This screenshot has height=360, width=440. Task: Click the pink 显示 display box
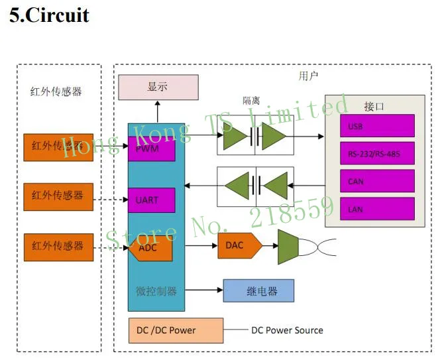click(158, 87)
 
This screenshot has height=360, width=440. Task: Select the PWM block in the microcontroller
click(152, 149)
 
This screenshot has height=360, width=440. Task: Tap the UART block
click(152, 200)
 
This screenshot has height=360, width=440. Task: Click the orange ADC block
click(150, 248)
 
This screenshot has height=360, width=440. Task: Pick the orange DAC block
click(240, 245)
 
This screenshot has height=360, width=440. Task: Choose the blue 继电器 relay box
click(258, 290)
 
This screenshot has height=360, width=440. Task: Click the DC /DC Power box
click(176, 330)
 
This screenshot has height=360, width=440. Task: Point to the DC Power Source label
click(287, 330)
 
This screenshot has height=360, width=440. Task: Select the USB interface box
click(377, 126)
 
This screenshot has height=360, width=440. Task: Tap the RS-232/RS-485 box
click(377, 153)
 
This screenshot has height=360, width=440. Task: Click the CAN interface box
click(377, 181)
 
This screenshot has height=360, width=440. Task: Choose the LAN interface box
click(377, 209)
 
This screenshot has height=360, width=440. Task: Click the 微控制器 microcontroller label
click(156, 291)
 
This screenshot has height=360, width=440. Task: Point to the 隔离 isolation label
click(251, 101)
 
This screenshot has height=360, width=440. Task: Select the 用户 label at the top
click(308, 76)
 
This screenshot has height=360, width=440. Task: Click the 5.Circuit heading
click(49, 15)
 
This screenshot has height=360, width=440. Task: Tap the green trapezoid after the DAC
click(288, 247)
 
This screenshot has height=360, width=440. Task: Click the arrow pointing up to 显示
click(158, 112)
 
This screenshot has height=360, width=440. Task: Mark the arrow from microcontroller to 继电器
click(204, 290)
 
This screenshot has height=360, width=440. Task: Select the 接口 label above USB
click(374, 107)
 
